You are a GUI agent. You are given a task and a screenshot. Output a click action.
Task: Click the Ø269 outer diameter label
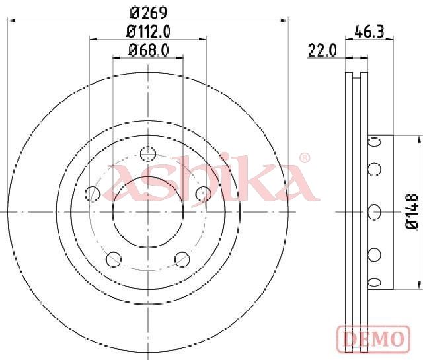pos(148,13)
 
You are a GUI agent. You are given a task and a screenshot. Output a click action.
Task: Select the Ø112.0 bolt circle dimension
pos(148,32)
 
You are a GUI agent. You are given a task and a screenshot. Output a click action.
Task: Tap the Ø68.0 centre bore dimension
pos(148,50)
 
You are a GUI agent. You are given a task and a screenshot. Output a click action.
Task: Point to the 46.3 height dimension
pos(369,32)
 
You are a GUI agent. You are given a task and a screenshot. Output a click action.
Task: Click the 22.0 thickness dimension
pos(322,50)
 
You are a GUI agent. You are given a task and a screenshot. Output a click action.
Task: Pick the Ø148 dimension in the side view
pos(412,211)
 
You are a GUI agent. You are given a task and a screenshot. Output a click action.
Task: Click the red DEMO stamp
pos(373,338)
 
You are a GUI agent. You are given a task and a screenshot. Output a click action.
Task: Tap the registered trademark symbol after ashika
pos(305,158)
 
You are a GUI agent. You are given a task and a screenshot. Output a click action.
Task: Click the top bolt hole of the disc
pos(148,154)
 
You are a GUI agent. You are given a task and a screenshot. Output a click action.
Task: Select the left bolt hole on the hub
pos(93,194)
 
